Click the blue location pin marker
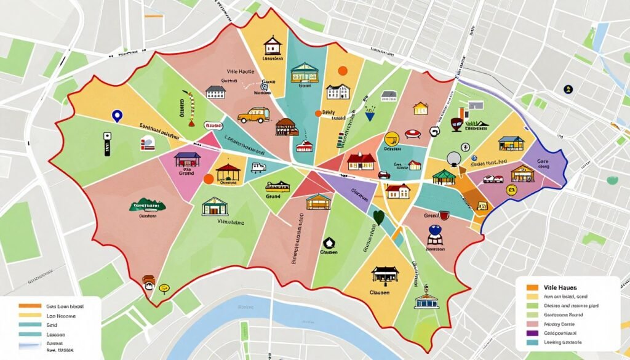point(115,115)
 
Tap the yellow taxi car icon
point(253,114)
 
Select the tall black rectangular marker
point(106,143)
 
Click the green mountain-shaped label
point(148,206)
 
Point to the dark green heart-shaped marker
point(378,217)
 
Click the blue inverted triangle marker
point(370,115)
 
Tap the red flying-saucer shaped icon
point(412,134)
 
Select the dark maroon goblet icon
point(457,124)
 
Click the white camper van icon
point(257,167)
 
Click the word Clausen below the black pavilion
point(380,293)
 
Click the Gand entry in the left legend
point(53,325)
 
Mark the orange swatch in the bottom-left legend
point(30,306)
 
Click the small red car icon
point(385,175)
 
